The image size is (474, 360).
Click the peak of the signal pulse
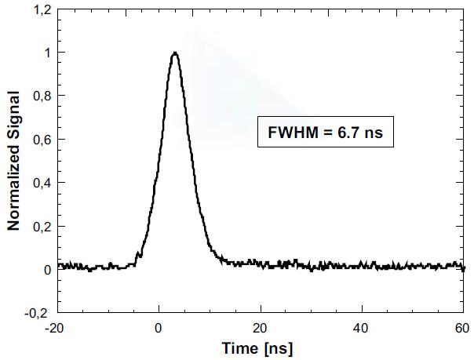pyautogui.click(x=174, y=53)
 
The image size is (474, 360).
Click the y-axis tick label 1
pyautogui.click(x=47, y=53)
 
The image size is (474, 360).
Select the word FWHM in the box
pyautogui.click(x=290, y=133)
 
